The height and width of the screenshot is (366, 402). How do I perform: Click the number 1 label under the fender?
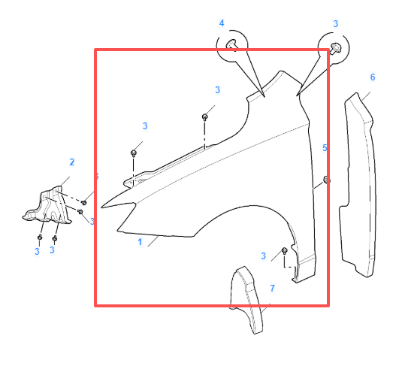coord(140,243)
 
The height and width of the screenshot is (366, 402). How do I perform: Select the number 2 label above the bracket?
coord(72,162)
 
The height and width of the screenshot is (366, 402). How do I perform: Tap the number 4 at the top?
coord(222,24)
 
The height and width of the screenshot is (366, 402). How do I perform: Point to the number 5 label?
coord(325,148)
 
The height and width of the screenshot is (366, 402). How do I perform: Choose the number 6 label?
coord(372,77)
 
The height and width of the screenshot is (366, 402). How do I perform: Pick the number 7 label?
coord(272,289)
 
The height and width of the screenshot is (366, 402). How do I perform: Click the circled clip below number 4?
coord(234,48)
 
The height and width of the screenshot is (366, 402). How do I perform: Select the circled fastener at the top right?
coord(334,48)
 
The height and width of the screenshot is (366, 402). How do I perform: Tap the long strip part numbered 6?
coord(361,188)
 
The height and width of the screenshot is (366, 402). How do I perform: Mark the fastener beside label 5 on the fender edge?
coord(326,180)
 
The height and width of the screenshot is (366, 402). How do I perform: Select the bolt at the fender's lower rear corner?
coord(285,250)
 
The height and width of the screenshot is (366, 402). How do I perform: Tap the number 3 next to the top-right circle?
coord(335,24)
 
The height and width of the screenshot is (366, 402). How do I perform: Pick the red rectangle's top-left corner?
coord(95,50)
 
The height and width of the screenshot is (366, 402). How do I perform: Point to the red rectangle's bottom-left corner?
coord(95,305)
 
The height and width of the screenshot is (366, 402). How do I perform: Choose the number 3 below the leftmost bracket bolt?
coord(36,251)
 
